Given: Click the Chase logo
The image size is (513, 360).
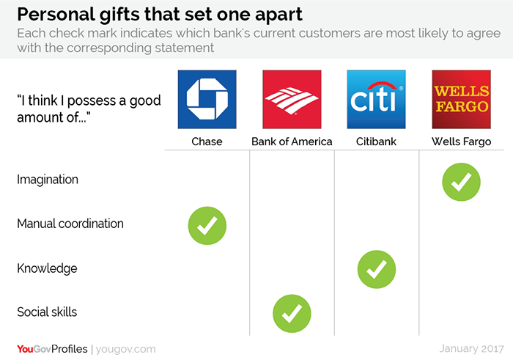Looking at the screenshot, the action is [x=207, y=99].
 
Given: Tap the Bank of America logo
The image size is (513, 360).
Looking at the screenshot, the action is [x=292, y=99].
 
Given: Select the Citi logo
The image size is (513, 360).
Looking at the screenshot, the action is [x=376, y=99].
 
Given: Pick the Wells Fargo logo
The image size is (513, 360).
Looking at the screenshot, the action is [x=461, y=99].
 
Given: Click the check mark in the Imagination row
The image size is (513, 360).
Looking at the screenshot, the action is [x=461, y=182].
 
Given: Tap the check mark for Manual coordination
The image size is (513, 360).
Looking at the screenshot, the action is [x=207, y=226].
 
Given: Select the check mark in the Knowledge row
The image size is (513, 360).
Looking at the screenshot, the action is [x=377, y=269].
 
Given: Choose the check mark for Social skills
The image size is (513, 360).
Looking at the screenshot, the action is [x=292, y=314].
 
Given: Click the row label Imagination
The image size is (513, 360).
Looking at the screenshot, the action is [x=48, y=180].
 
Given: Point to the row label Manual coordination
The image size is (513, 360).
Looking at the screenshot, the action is [x=70, y=224].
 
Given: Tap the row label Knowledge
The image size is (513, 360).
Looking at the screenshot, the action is [x=47, y=268].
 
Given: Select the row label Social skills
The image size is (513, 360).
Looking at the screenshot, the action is [x=47, y=312].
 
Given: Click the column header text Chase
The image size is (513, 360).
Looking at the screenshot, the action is [x=207, y=142].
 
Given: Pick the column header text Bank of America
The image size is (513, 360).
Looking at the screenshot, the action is [x=292, y=142].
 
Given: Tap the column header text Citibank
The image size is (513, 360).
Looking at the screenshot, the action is [x=376, y=142].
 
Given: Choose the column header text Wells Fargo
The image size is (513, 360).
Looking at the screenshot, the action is [x=461, y=142].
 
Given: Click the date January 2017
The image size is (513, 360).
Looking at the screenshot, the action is [x=471, y=348].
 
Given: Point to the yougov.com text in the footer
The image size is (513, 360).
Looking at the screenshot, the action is [x=125, y=349].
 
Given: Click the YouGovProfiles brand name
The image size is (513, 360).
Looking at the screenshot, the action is [x=52, y=349].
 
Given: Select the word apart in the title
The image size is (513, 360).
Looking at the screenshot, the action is [x=278, y=15].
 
